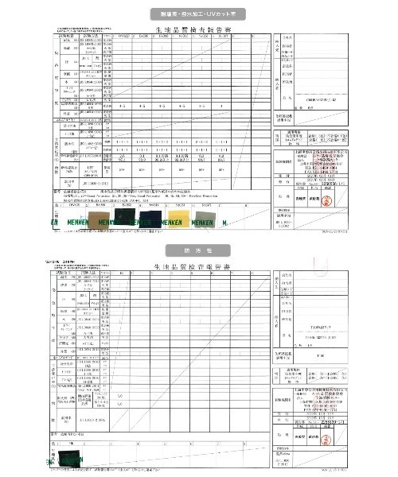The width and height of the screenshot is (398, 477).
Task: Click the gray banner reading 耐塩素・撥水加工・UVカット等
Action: [x=199, y=14]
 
